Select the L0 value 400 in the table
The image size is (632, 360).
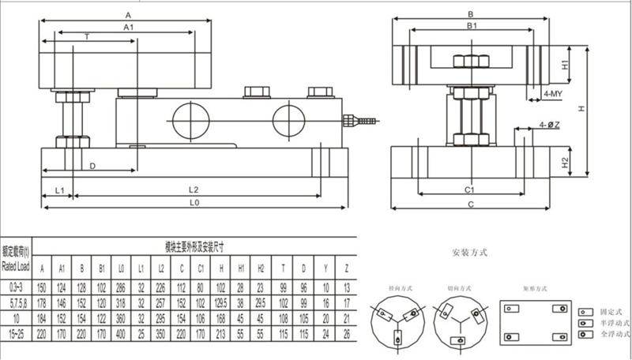(120, 334)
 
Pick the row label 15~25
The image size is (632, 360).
(17, 334)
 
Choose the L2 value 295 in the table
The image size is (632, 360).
(161, 317)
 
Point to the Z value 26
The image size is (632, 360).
(346, 334)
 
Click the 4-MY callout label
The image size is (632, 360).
(552, 93)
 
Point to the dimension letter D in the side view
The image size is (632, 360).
(92, 166)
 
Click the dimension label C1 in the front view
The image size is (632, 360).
(468, 190)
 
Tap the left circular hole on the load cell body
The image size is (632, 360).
(188, 119)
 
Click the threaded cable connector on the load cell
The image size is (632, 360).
(356, 121)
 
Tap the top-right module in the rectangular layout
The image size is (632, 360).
(559, 307)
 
